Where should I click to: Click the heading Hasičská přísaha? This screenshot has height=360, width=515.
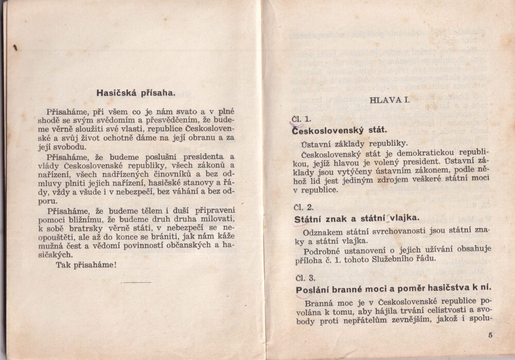(135, 93)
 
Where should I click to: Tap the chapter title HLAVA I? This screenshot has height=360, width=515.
(390, 100)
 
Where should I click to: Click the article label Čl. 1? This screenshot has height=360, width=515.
(302, 119)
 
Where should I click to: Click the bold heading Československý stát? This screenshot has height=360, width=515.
(339, 130)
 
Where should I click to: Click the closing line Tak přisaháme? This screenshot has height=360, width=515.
(86, 265)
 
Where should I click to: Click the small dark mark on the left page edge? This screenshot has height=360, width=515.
(15, 48)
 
